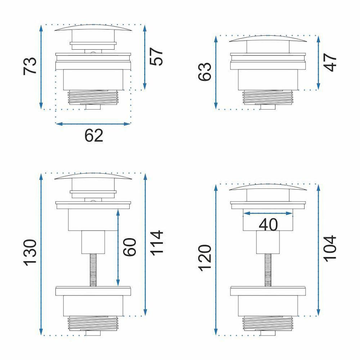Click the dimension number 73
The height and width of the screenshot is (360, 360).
pyautogui.click(x=30, y=66)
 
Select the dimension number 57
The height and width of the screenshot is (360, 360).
pyautogui.click(x=156, y=57)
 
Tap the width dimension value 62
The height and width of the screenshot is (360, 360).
pyautogui.click(x=94, y=136)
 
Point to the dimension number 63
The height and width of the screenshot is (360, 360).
pyautogui.click(x=204, y=71)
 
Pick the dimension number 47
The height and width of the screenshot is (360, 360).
pyautogui.click(x=330, y=62)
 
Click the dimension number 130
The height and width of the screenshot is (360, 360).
pyautogui.click(x=30, y=253)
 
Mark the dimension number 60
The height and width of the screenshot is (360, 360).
pyautogui.click(x=130, y=247)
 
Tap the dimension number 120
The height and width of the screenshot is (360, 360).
pyautogui.click(x=204, y=258)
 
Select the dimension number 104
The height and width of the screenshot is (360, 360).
pyautogui.click(x=330, y=248)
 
